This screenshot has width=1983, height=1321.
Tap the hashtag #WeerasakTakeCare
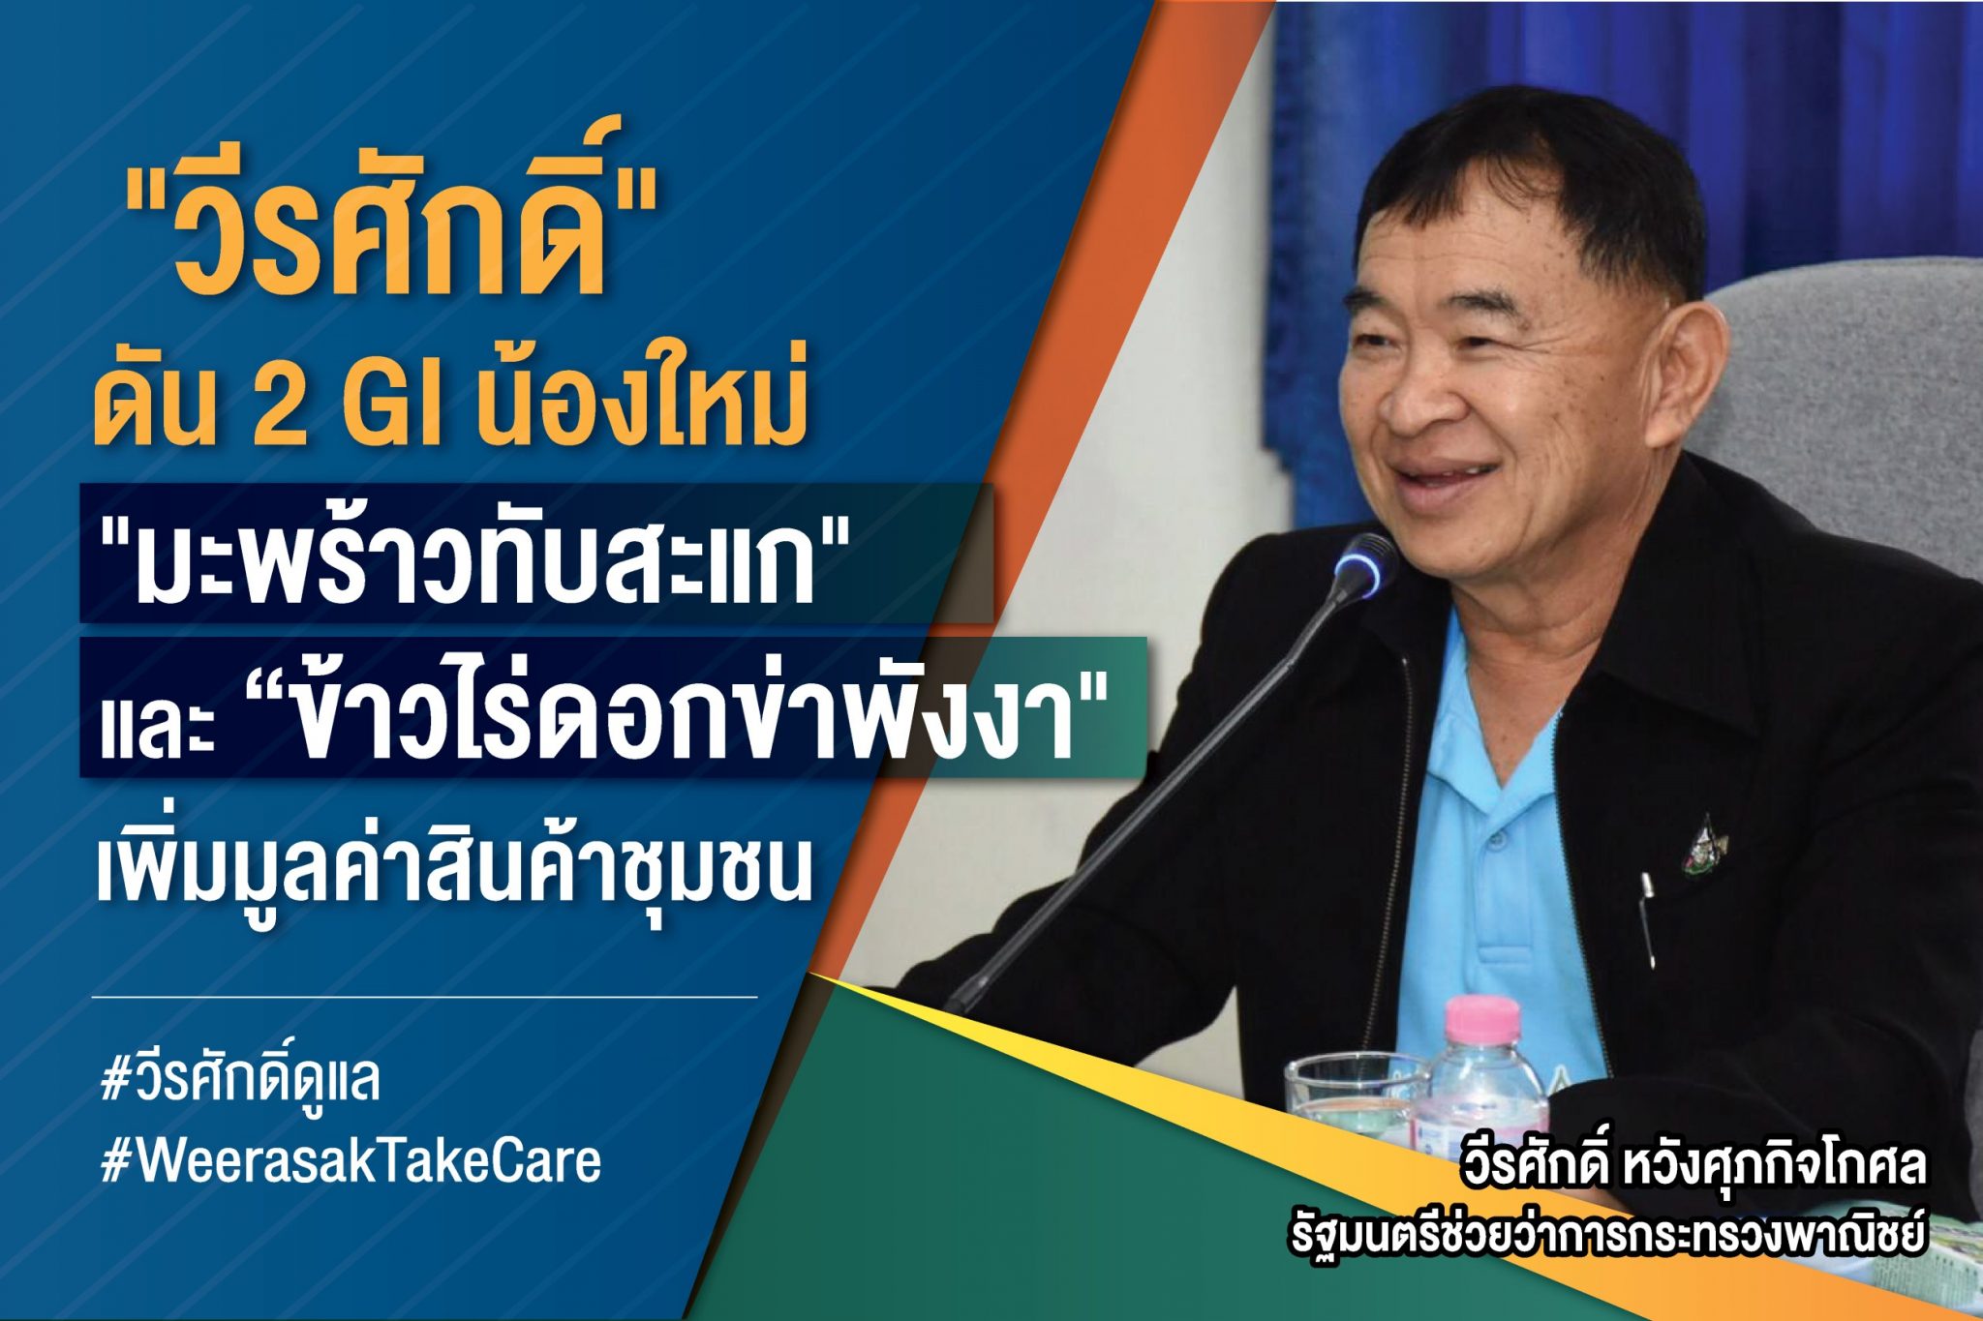click(x=351, y=1161)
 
